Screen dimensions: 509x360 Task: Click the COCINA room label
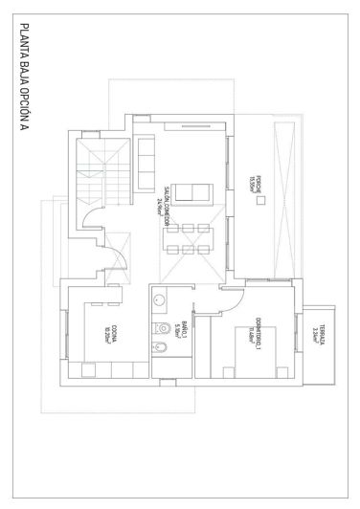115,333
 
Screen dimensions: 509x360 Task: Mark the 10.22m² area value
106,334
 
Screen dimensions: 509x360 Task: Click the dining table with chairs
189,239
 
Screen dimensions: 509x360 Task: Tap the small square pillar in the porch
270,201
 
